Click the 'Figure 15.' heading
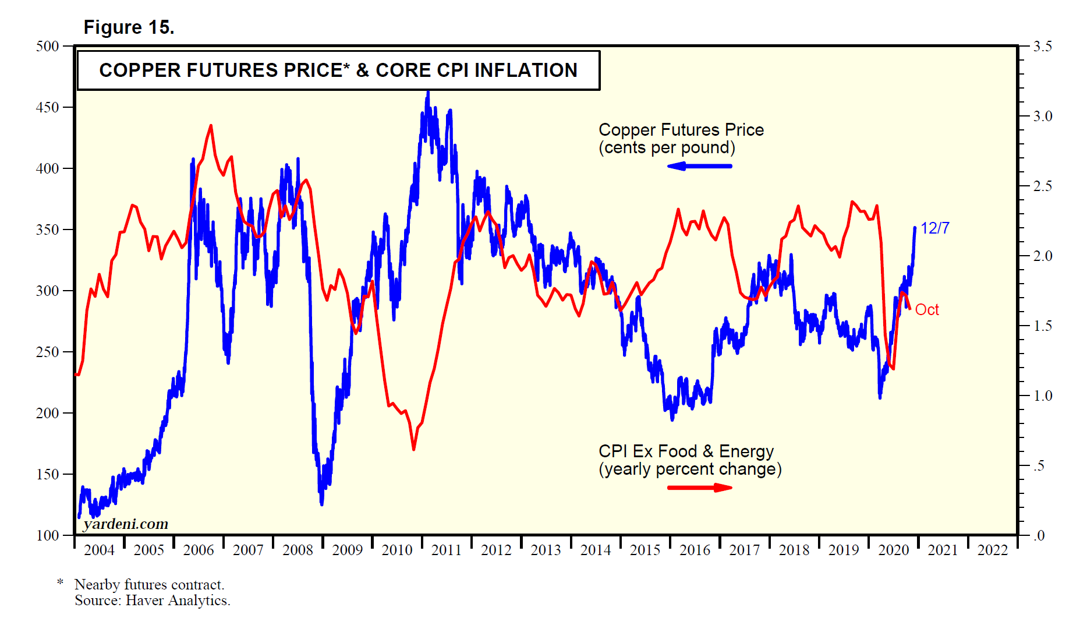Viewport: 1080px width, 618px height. (x=129, y=27)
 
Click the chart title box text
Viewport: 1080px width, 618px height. (x=338, y=70)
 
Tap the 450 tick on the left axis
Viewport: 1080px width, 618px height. (x=47, y=107)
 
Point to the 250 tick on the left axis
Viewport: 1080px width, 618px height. (x=47, y=352)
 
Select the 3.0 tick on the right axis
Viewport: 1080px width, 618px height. (x=1042, y=116)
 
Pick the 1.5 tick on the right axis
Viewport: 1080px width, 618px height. (x=1042, y=326)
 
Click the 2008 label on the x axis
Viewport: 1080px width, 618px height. (x=298, y=550)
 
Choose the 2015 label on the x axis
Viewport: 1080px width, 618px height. (x=645, y=550)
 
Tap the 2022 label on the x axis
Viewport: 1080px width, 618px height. (x=992, y=550)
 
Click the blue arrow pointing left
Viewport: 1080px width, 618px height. (x=699, y=167)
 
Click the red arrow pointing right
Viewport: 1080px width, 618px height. (x=699, y=488)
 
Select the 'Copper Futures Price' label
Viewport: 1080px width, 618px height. (x=681, y=130)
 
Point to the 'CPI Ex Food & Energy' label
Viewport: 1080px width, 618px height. (x=686, y=451)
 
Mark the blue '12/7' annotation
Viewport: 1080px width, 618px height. (x=934, y=228)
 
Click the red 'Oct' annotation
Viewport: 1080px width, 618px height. (x=927, y=310)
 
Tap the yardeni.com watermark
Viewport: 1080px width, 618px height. (x=126, y=524)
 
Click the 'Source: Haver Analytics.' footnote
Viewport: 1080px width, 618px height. (x=153, y=601)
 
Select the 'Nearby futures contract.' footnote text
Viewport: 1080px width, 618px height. (x=149, y=585)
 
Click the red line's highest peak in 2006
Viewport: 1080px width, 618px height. (x=211, y=125)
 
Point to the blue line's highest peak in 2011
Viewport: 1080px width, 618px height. (x=428, y=92)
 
